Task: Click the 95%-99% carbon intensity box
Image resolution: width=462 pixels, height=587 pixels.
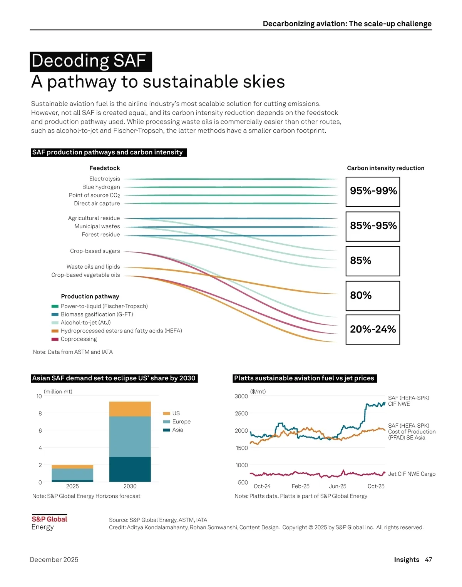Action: pyautogui.click(x=373, y=191)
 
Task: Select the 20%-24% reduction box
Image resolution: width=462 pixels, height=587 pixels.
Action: pyautogui.click(x=373, y=329)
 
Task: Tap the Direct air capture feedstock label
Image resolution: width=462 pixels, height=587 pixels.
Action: pyautogui.click(x=97, y=203)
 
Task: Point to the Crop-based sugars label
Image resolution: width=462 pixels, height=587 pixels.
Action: pyautogui.click(x=95, y=251)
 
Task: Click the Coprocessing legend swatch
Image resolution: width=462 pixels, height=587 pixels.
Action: pyautogui.click(x=55, y=339)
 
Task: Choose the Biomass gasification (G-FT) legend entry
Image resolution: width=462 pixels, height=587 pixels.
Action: pyautogui.click(x=97, y=314)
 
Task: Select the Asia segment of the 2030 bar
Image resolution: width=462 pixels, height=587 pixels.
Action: pyautogui.click(x=130, y=469)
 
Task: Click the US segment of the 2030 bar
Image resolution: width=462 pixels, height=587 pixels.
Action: pyautogui.click(x=130, y=409)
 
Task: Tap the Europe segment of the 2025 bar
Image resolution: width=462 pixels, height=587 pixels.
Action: pyautogui.click(x=72, y=474)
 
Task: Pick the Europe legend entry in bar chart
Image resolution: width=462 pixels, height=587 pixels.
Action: pyautogui.click(x=181, y=421)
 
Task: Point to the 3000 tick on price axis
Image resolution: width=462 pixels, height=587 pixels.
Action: pyautogui.click(x=241, y=396)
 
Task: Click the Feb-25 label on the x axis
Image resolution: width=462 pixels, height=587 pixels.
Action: pyautogui.click(x=300, y=486)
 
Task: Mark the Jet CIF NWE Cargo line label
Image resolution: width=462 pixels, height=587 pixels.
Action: pyautogui.click(x=412, y=474)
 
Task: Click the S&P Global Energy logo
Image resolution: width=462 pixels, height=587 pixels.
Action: pyautogui.click(x=49, y=523)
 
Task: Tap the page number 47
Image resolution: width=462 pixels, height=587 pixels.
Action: pyautogui.click(x=428, y=560)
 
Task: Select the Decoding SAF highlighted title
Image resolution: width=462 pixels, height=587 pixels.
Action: pyautogui.click(x=91, y=62)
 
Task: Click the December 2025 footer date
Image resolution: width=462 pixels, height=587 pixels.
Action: pyautogui.click(x=54, y=560)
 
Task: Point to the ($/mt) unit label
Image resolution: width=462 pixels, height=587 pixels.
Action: pyautogui.click(x=258, y=391)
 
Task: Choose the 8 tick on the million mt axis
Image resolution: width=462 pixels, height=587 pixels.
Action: pyautogui.click(x=40, y=413)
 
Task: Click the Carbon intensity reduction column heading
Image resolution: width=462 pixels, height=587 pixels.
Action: pyautogui.click(x=385, y=168)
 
